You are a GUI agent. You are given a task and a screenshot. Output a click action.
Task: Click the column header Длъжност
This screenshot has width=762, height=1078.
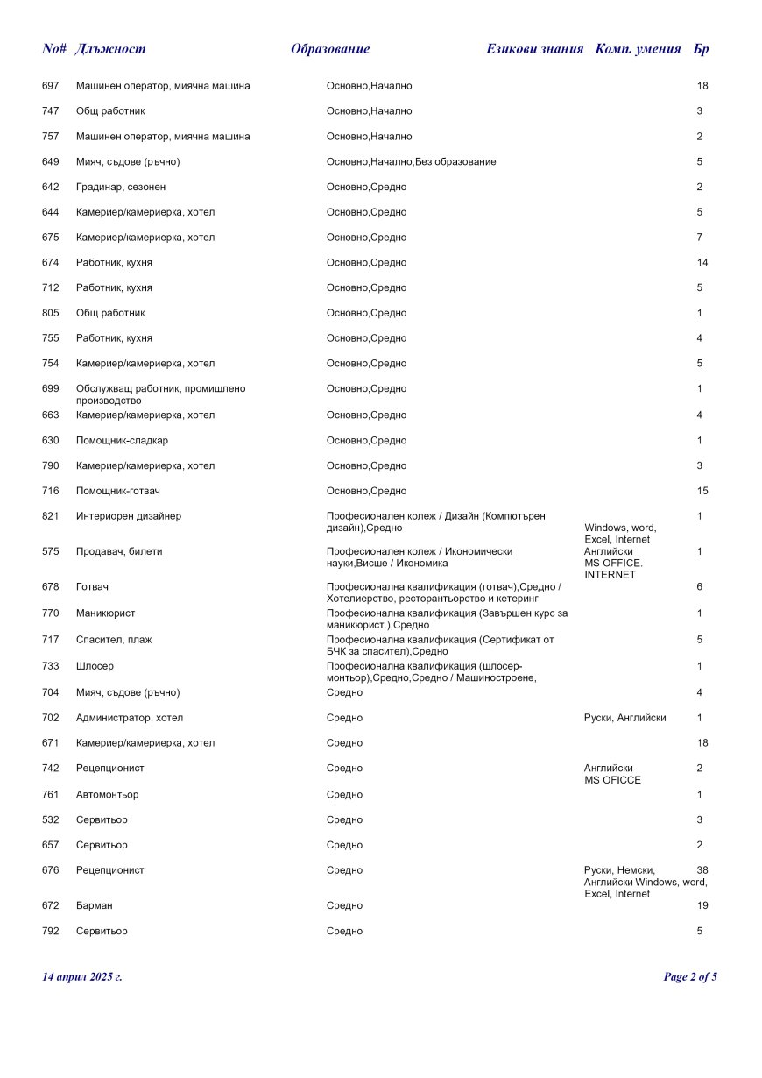[x=110, y=49]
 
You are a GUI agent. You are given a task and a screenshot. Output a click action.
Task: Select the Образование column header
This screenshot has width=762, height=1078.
[x=330, y=49]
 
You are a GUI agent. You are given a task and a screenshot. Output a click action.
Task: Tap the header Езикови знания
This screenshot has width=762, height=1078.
[x=534, y=49]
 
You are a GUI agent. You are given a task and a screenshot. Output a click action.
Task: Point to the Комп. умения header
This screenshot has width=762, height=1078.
[x=638, y=49]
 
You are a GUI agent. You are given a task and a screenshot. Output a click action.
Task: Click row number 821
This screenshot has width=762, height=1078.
[x=50, y=516]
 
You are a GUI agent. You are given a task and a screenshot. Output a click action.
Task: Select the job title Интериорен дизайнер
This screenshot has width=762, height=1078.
[x=129, y=516]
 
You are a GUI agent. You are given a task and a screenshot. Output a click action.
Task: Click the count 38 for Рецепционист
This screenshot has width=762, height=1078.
[x=702, y=870]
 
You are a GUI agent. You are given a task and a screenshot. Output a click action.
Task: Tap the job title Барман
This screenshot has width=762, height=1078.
[x=94, y=905]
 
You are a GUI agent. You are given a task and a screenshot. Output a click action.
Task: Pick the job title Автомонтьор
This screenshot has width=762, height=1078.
[x=107, y=795]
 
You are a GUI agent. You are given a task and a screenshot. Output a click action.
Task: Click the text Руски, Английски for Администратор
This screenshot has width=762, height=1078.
[x=624, y=718]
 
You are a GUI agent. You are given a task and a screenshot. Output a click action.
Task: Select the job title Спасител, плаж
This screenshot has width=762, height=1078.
[x=114, y=640]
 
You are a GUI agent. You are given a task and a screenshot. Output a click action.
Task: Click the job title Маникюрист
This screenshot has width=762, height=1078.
[x=105, y=613]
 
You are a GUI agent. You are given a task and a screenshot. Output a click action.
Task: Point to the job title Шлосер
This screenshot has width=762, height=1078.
[x=95, y=666]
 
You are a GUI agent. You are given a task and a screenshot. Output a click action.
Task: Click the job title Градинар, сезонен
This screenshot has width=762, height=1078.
[x=121, y=188]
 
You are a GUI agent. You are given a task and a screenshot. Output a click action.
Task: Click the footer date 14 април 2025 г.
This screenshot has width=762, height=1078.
[x=82, y=977]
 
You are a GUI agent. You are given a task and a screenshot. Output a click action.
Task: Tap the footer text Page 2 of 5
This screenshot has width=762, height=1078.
[x=690, y=977]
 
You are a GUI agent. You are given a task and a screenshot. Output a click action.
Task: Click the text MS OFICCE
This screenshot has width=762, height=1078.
[x=612, y=780]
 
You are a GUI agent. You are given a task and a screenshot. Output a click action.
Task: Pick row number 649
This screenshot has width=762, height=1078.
[x=50, y=162]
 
